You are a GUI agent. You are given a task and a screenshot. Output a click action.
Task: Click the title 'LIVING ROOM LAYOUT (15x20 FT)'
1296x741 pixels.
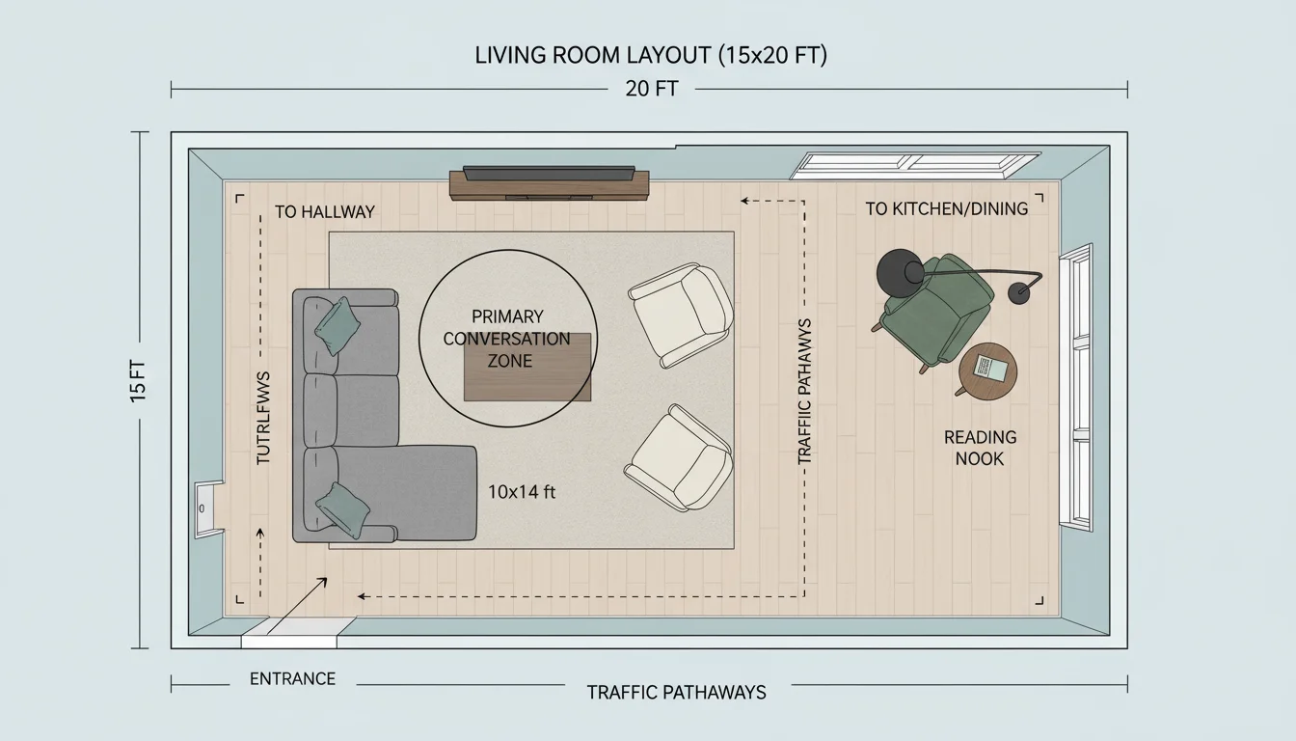pos(651,56)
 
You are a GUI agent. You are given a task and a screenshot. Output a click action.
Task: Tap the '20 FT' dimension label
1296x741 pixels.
pos(651,90)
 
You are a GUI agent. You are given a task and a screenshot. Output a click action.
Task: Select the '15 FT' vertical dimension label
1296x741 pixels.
pos(139,381)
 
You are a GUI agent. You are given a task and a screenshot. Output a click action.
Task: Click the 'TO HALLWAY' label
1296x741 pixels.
pos(324,211)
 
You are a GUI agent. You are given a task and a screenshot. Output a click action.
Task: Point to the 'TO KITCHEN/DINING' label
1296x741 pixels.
pos(946,208)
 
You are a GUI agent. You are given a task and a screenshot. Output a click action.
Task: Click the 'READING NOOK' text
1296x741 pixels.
pos(980,448)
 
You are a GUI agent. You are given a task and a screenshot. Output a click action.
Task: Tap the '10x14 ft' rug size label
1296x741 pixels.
pos(522,492)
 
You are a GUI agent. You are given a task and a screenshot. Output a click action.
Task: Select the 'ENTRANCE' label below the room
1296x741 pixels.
pos(292,679)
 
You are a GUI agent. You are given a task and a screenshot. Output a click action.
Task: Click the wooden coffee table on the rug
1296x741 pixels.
pos(527,368)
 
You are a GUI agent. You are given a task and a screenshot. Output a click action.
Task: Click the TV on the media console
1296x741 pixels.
pos(549,174)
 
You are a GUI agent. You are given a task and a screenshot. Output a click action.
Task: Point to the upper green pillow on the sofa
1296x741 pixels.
pos(337,325)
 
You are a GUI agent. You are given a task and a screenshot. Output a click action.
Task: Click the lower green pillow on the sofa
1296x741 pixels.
pos(344,508)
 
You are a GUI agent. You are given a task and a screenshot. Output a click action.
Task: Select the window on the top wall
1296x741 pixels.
pos(914,165)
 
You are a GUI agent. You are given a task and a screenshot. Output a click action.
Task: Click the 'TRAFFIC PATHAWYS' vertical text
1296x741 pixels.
pos(805,392)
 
